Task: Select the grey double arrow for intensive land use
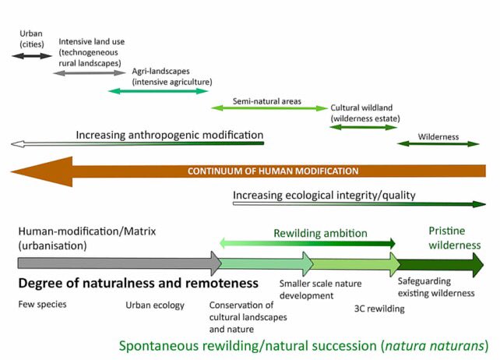[x=90, y=72]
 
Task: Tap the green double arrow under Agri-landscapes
[x=158, y=92]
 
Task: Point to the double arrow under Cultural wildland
[x=364, y=127]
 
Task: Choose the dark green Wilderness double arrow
[x=438, y=144]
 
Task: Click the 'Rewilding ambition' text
[x=331, y=232]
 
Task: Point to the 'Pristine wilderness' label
[x=455, y=238]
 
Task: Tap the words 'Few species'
[x=43, y=304]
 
